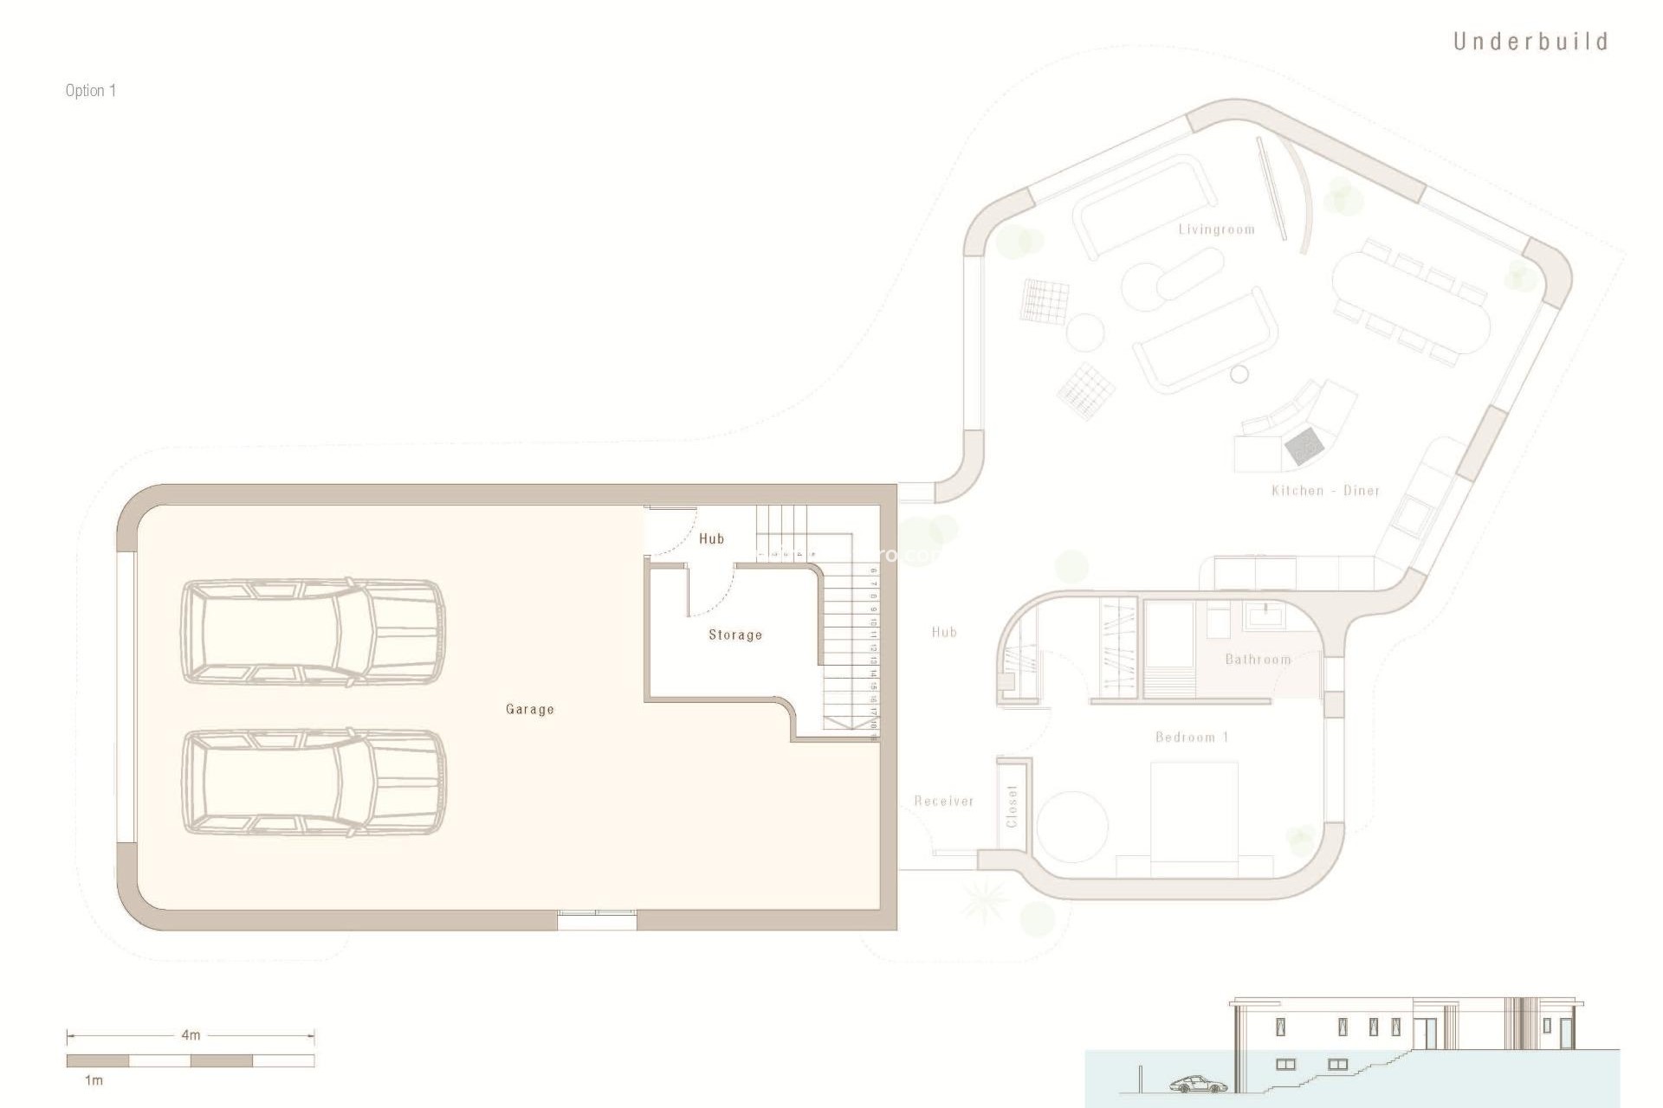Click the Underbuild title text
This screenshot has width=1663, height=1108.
tap(1530, 42)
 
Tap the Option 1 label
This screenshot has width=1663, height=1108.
tap(90, 91)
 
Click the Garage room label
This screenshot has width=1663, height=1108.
tap(529, 709)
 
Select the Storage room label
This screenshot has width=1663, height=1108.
tap(735, 635)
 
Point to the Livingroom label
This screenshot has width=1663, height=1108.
tap(1216, 229)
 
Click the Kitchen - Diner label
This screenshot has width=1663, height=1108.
tap(1325, 491)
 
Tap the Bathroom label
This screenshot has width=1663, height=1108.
tap(1258, 660)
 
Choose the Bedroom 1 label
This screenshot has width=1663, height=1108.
tap(1192, 738)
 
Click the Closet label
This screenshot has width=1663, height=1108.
tap(1012, 806)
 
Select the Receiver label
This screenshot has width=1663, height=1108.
tap(944, 802)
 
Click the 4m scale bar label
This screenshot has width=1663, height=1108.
tap(191, 1034)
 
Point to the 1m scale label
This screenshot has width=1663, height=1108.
tap(94, 1080)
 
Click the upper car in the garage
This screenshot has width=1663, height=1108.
tap(313, 633)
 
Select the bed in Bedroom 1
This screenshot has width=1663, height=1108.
tap(1194, 818)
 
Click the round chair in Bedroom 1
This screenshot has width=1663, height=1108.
tap(1073, 826)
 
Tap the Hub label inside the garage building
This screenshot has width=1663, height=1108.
tap(711, 538)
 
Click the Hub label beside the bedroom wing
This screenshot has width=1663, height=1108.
tap(944, 632)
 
